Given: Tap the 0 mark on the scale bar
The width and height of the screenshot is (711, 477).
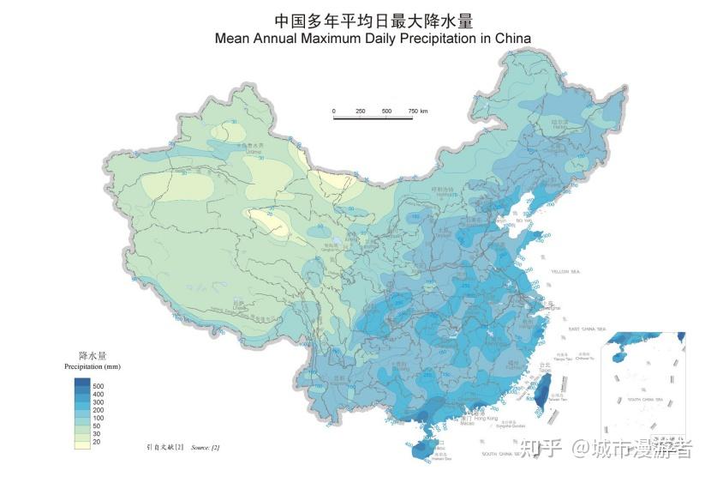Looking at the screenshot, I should pyautogui.click(x=334, y=112).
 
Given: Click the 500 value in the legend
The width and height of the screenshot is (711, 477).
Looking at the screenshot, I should pyautogui.click(x=98, y=385).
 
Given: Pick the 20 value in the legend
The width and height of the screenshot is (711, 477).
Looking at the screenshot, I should pyautogui.click(x=96, y=442).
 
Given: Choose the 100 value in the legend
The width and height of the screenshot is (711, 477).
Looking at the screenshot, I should pyautogui.click(x=98, y=418).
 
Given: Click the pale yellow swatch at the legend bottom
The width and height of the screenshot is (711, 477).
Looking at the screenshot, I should pyautogui.click(x=82, y=444).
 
